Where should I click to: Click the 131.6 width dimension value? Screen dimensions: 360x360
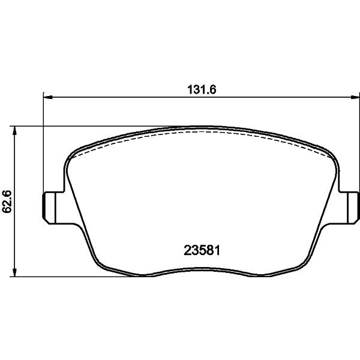coord(202,89)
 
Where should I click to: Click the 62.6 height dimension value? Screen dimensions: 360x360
coord(7,202)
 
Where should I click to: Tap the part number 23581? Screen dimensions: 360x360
coord(202,250)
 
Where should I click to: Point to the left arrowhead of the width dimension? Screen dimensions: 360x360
coord(48,98)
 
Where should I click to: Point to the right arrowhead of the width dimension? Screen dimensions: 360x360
coord(355,98)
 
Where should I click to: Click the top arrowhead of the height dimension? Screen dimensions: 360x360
coord(14,131)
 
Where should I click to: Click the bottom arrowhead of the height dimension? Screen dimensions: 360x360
coord(14,272)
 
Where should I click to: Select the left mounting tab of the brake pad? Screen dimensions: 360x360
coord(53,208)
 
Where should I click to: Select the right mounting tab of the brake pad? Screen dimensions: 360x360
coord(349,208)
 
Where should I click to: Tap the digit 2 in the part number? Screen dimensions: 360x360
coord(187,250)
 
